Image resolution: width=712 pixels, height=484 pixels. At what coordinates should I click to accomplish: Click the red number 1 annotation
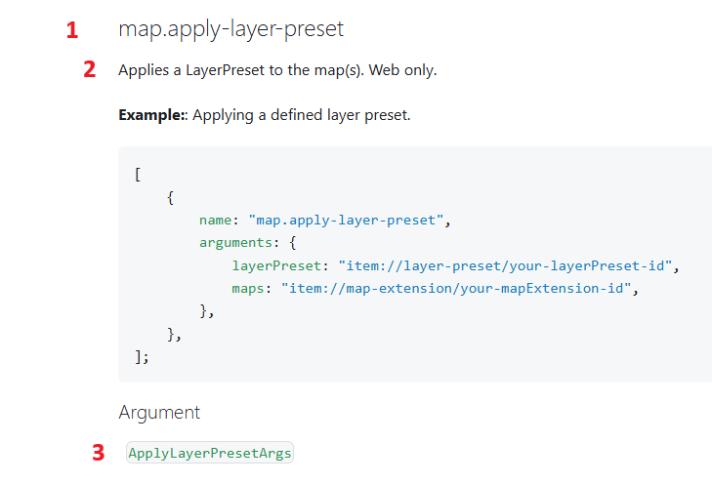coord(72,30)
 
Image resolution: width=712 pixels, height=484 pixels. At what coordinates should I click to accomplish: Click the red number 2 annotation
coord(90,69)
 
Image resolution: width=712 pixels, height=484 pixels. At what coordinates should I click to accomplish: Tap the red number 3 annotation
coord(98,453)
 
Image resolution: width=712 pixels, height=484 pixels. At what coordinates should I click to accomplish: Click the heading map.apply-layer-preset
coord(230,28)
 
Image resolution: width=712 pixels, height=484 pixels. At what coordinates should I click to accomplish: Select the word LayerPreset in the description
coord(225,70)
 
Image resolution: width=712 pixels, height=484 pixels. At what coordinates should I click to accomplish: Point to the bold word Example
coord(150,115)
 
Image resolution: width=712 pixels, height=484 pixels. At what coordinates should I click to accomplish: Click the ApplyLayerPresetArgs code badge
coord(210,453)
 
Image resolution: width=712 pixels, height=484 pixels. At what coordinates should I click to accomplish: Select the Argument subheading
coord(159,413)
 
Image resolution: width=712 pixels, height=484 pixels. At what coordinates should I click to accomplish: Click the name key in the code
coord(215,220)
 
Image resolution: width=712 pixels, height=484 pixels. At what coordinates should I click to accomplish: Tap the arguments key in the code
coord(235,243)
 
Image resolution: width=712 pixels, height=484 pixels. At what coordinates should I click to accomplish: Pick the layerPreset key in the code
coord(276,265)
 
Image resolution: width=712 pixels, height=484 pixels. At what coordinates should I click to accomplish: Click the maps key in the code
coord(248,289)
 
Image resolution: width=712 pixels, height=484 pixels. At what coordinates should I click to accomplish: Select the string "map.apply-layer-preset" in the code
coord(346,220)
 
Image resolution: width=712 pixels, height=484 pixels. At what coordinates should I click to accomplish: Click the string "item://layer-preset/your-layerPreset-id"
coord(505,265)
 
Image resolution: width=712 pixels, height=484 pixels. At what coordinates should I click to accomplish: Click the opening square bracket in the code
coord(138,175)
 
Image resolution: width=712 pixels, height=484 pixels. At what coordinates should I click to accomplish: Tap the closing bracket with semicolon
coord(142,357)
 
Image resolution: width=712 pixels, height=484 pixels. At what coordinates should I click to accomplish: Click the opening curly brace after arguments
coord(293,243)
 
